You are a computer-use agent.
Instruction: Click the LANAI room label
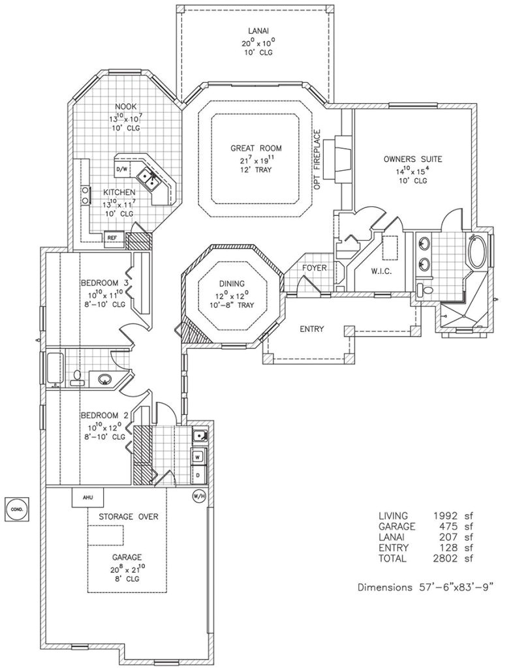point(255,31)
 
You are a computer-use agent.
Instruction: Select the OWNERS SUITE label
point(413,159)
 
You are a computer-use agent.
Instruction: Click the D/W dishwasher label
point(121,170)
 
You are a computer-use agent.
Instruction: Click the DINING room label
point(232,284)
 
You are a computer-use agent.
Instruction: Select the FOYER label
point(315,268)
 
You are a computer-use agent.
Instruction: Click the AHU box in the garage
point(87,497)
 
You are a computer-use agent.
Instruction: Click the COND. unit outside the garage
point(16,508)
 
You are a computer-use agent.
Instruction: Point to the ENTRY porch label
point(312,329)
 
